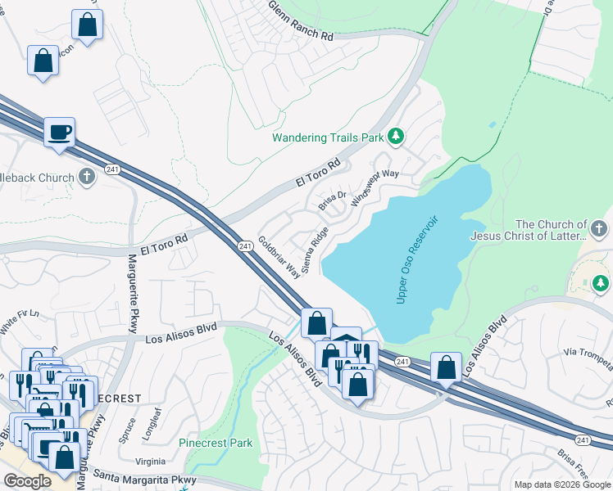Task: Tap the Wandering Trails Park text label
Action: tap(328, 137)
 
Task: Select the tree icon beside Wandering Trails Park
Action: tap(396, 135)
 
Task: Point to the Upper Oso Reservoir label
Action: tap(418, 260)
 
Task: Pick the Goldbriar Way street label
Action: tap(279, 259)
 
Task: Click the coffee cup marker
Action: tap(60, 132)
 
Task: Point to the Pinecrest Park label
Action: tap(216, 443)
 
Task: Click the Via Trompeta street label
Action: tap(588, 353)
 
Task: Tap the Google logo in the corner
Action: tap(28, 481)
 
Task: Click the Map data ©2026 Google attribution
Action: tap(561, 484)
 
